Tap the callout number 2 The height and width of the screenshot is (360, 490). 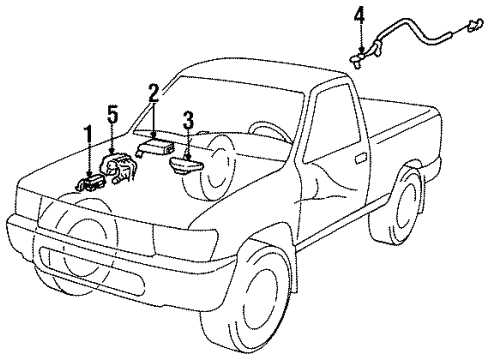coord(153,96)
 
